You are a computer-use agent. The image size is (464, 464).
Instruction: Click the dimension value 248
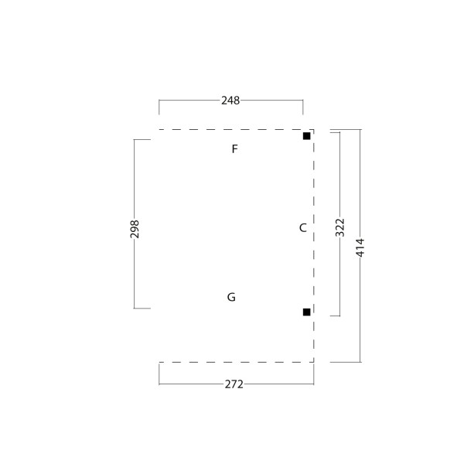[x=230, y=101]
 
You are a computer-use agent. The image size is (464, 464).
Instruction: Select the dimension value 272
[x=234, y=384]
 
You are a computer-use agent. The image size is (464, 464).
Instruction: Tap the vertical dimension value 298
[x=135, y=229]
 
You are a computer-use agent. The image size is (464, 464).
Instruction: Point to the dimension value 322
[x=340, y=227]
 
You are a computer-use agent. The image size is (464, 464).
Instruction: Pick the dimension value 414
[x=360, y=247]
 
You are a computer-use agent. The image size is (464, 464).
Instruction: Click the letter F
[x=234, y=148]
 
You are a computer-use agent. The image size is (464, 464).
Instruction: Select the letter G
[x=231, y=297]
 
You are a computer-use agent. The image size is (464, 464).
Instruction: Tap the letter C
[x=302, y=228]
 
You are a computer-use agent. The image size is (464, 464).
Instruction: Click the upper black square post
[x=306, y=136]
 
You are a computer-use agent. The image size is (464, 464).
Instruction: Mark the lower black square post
[x=306, y=312]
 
